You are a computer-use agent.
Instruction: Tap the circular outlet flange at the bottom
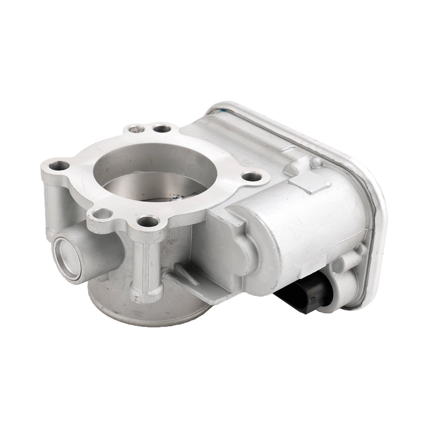click(x=150, y=302)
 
